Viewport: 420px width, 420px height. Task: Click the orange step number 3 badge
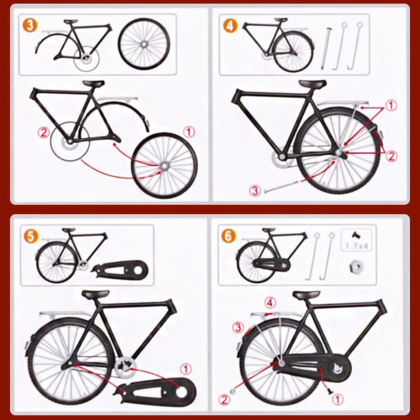[x=29, y=25]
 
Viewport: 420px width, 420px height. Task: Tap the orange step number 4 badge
[x=230, y=25]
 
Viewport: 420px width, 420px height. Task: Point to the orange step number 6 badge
[x=230, y=236]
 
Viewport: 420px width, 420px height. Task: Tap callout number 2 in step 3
[x=43, y=133]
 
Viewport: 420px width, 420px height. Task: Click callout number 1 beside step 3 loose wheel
[x=189, y=131]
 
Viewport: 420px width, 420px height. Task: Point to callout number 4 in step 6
[x=271, y=302]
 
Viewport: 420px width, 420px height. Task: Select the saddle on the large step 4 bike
[x=312, y=84]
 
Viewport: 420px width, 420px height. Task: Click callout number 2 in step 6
[x=225, y=399]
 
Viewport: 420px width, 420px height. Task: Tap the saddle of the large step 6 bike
[x=306, y=295]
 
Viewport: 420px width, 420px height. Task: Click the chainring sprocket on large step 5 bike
[x=124, y=364]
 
